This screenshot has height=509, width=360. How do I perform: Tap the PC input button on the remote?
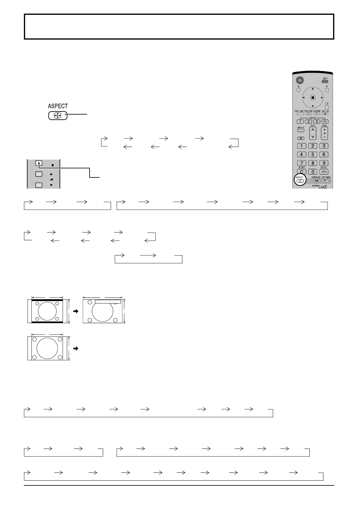coord(325,122)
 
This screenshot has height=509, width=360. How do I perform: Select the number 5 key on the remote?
coord(313,154)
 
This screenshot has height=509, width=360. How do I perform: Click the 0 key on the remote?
coord(313,172)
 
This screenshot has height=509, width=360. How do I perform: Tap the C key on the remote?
coord(301,172)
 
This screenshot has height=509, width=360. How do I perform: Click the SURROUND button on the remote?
coord(316,181)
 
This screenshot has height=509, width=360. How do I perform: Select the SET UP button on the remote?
coord(325,114)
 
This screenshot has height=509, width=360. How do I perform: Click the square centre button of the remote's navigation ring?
coord(313,98)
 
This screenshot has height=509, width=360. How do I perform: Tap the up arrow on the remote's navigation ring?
coord(313,89)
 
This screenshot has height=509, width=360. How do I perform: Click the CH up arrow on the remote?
coord(313,130)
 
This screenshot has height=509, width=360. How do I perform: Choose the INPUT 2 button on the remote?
coord(308,122)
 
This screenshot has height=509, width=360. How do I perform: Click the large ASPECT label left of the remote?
coord(58,106)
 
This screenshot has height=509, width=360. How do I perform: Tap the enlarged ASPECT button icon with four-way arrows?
coord(58,116)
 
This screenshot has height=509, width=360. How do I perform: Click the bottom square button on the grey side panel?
coord(39,185)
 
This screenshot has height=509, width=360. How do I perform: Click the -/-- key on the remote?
coord(324,172)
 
